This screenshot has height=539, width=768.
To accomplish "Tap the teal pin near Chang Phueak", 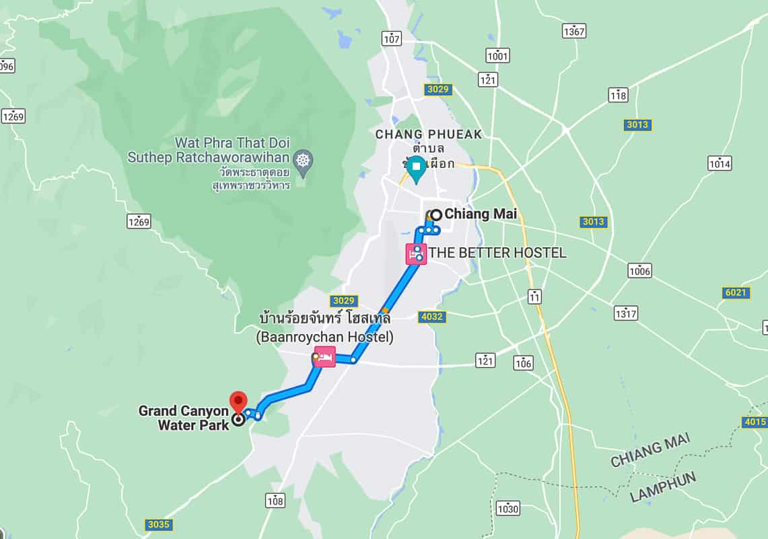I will (x=417, y=168).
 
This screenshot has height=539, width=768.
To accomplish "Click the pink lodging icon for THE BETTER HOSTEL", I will (x=415, y=254).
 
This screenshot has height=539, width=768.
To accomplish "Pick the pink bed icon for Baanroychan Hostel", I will (x=324, y=356).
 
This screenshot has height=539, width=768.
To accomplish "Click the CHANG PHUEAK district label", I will (x=429, y=134).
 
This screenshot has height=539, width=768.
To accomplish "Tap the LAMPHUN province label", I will (x=663, y=486).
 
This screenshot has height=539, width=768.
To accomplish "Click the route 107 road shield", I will (x=391, y=38).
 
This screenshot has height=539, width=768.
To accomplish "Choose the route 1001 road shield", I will (x=497, y=56).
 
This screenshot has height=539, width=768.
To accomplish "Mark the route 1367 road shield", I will (x=574, y=31).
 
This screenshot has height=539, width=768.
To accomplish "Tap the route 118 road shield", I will (x=618, y=95).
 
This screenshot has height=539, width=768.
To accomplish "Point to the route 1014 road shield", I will (x=720, y=163).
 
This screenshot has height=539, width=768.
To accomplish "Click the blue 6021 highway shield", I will (x=736, y=292).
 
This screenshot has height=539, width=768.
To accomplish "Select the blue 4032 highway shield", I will (x=431, y=317).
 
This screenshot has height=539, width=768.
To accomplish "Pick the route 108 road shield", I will (x=275, y=501).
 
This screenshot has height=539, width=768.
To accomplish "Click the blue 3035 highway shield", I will (x=158, y=525).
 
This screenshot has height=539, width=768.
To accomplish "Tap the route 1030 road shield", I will (x=508, y=508).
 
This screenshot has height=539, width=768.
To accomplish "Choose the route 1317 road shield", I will (x=626, y=313).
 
